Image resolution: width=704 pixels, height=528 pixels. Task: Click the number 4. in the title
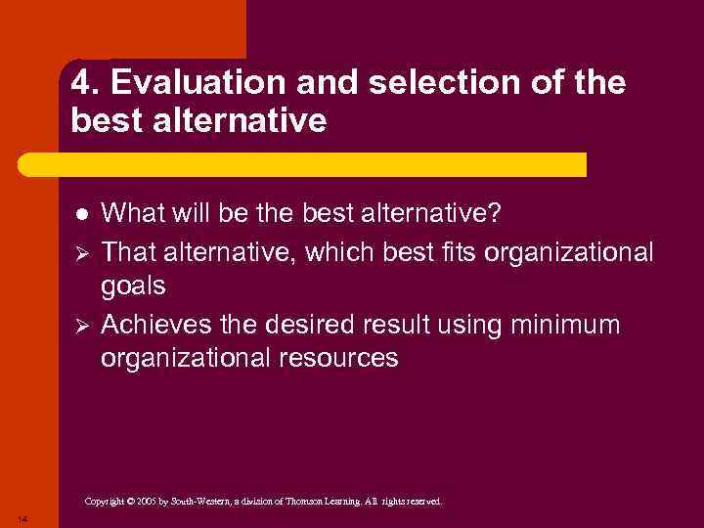pos(83,84)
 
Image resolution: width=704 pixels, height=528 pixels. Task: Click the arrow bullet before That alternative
pos(82,253)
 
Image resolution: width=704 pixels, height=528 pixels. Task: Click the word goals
pos(133,287)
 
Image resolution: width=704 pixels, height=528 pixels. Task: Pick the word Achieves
pos(157,324)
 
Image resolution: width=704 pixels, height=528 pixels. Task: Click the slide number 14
pos(22,517)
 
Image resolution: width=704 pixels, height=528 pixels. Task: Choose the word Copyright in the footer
pos(104,502)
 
